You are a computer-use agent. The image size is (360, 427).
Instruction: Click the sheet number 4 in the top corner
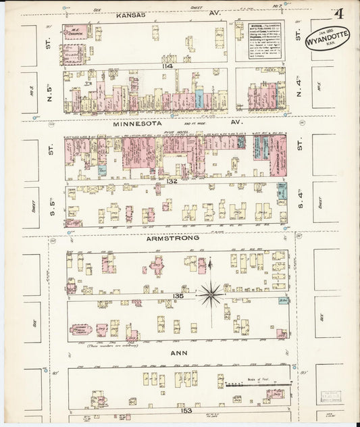(337, 13)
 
